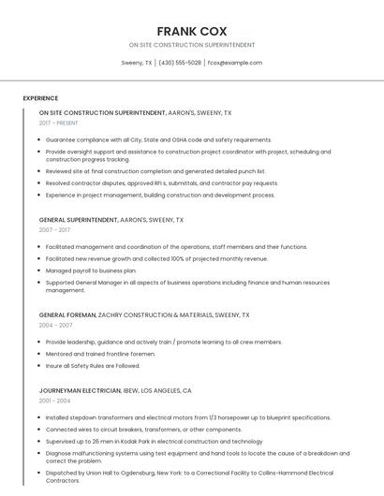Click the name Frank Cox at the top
191,31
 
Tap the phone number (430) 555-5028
179,63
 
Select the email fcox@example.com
234,63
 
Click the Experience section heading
40,98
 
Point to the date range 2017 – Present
59,123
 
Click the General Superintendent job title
79,219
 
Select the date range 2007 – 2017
54,229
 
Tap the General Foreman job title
67,315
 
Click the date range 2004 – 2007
55,326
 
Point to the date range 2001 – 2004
54,401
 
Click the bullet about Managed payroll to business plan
91,270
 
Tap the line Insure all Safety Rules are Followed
93,366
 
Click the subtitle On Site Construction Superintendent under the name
191,45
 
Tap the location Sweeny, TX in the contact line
137,63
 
